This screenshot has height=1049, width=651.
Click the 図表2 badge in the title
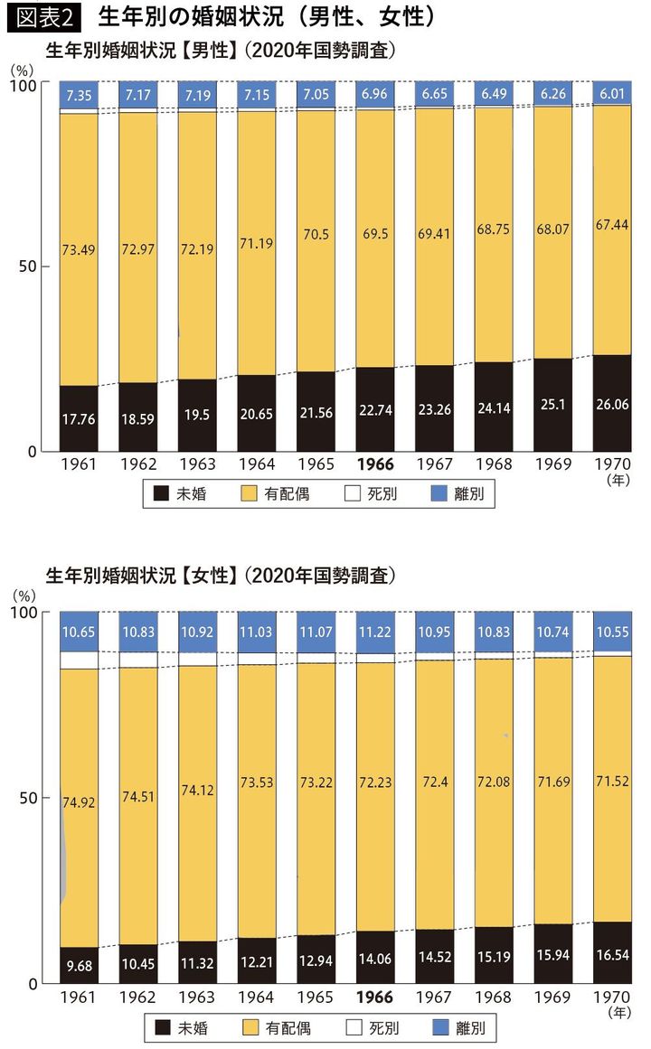pyautogui.click(x=43, y=17)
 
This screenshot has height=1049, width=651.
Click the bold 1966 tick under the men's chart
pyautogui.click(x=375, y=464)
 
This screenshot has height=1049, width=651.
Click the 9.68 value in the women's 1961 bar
pyautogui.click(x=79, y=965)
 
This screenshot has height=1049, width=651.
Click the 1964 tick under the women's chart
pyautogui.click(x=257, y=997)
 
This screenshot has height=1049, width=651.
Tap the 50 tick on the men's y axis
pyautogui.click(x=29, y=268)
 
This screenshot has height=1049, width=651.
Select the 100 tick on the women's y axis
pyautogui.click(x=24, y=613)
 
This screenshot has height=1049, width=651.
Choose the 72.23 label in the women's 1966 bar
pyautogui.click(x=375, y=784)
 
